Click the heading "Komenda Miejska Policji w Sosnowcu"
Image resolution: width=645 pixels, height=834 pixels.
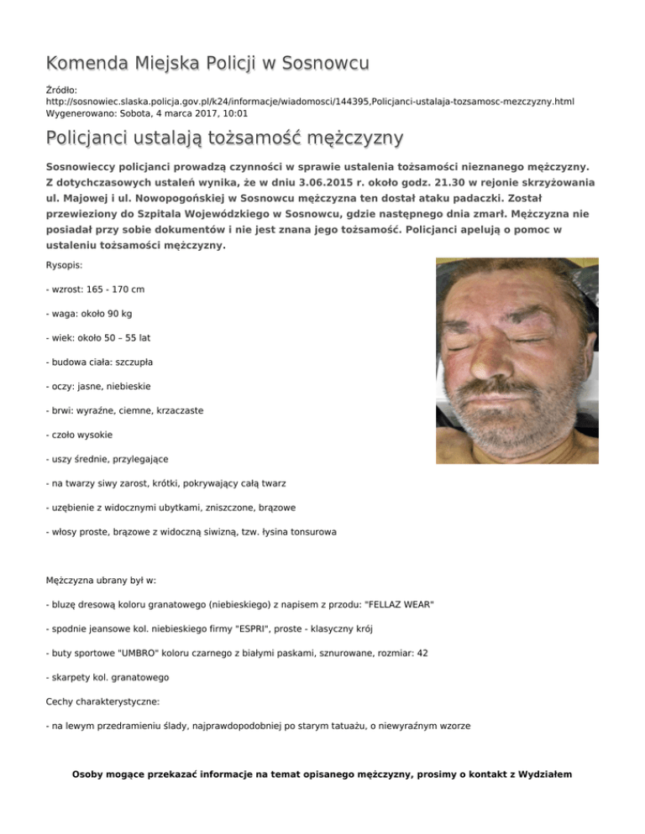point(208,63)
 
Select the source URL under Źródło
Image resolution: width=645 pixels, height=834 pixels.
point(310,101)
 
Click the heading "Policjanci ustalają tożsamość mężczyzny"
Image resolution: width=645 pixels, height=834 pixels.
point(225,137)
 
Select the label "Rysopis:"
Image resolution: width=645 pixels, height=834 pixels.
point(69,265)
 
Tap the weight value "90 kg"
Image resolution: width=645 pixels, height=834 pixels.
point(129,314)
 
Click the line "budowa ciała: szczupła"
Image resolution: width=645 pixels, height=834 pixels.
point(99,362)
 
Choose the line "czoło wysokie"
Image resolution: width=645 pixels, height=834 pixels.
point(81,435)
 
